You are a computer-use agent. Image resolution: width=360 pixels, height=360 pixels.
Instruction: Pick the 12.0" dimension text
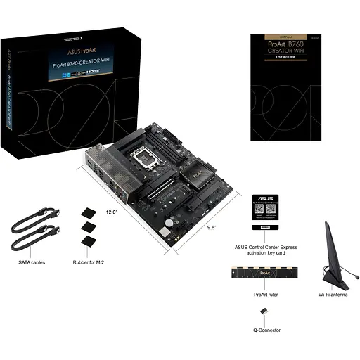(111, 211)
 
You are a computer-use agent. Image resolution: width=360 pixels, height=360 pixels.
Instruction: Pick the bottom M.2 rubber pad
(89, 241)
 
